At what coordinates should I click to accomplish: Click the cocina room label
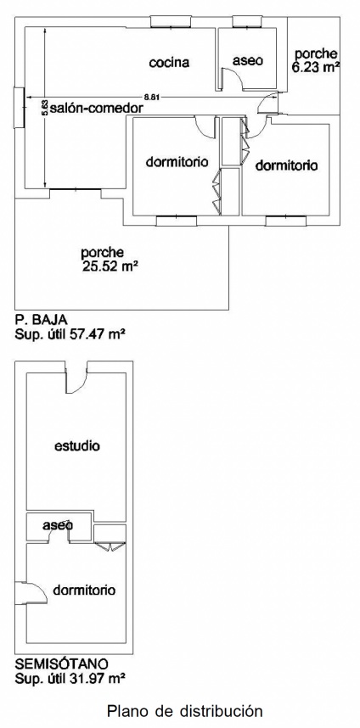[169, 63]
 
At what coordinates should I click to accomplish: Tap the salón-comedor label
[96, 108]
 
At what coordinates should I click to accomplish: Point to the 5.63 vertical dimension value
[45, 108]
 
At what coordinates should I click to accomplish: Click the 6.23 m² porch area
[314, 67]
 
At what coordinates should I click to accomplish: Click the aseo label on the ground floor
[248, 60]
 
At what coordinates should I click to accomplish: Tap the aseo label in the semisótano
[58, 525]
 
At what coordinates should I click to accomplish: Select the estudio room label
[77, 446]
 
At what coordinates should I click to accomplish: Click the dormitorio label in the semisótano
[84, 591]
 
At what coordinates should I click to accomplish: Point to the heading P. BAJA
[42, 320]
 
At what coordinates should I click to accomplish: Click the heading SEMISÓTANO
[62, 663]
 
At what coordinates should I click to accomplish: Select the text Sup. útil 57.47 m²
[70, 333]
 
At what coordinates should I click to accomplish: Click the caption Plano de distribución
[185, 711]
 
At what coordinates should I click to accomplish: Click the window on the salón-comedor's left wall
[19, 108]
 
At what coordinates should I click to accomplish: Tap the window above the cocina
[171, 22]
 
